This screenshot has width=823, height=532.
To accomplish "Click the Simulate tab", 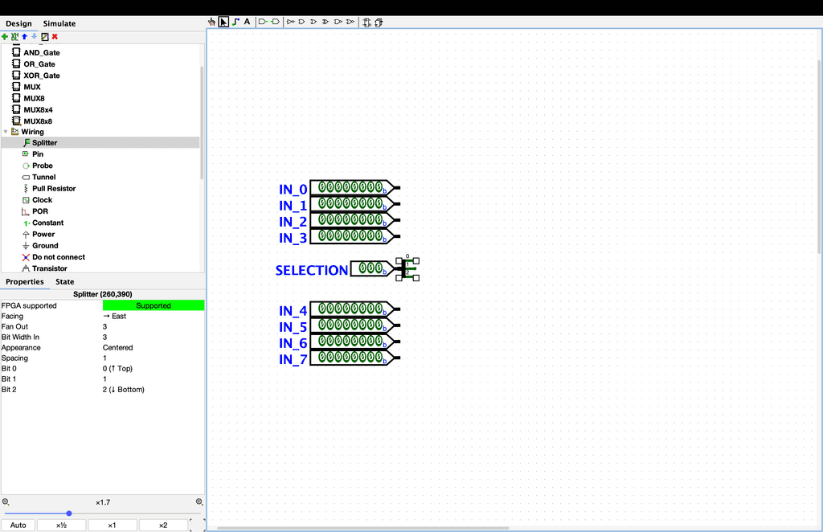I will (x=59, y=23).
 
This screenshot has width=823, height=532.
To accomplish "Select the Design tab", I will (x=18, y=23).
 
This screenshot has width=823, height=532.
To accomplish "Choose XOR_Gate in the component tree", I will (x=41, y=76).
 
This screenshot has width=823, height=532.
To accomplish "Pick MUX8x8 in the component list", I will (x=38, y=121).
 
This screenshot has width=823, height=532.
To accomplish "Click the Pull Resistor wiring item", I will (x=53, y=189).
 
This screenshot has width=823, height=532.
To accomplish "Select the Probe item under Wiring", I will (x=42, y=166).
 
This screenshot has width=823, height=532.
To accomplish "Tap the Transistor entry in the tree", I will (x=49, y=268).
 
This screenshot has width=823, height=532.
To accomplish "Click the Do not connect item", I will (x=58, y=257).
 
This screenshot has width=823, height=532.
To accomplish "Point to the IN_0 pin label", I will (x=293, y=190).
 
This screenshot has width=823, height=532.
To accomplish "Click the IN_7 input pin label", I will (x=293, y=359).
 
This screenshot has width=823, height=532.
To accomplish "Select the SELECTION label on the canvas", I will (x=311, y=270).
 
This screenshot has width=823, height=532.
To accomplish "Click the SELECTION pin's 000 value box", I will (x=371, y=268).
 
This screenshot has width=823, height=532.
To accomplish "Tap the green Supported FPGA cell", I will (x=153, y=305).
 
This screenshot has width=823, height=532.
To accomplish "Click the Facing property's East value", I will (x=116, y=316).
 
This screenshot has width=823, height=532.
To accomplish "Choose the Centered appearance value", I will (x=117, y=347).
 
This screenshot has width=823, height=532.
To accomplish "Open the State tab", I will (x=64, y=281).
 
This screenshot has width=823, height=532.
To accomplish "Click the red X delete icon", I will (x=55, y=36).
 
